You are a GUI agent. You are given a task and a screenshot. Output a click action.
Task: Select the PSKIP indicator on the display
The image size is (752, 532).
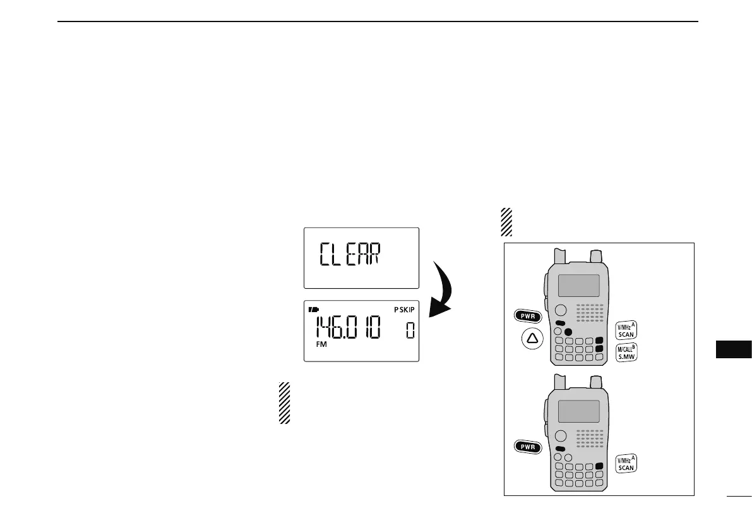tap(404, 310)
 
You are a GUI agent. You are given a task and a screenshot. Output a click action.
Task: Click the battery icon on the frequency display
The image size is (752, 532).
tap(313, 310)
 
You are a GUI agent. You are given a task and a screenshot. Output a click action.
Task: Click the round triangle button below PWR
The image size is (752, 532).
tap(532, 339)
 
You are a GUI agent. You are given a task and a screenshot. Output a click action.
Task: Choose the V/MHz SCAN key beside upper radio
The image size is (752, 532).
tap(626, 330)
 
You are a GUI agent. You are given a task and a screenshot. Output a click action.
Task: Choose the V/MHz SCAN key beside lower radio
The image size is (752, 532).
tap(626, 464)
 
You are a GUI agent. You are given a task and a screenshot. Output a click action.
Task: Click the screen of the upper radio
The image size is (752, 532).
tap(578, 285)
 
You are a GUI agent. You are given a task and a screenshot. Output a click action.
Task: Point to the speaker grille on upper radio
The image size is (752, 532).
tap(590, 311)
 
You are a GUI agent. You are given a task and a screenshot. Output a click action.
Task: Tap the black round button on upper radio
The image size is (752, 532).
tap(568, 332)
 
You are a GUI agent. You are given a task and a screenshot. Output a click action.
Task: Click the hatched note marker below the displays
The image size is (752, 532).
tap(284, 402)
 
